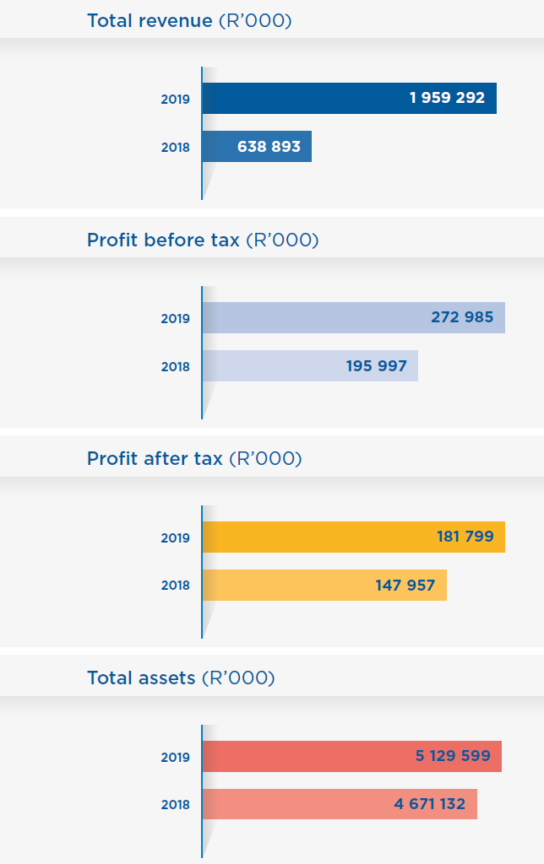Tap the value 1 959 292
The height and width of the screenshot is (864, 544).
pyautogui.click(x=447, y=98)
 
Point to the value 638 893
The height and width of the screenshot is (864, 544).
pyautogui.click(x=269, y=146)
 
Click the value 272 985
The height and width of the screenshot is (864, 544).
pyautogui.click(x=462, y=317)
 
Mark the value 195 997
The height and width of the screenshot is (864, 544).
pyautogui.click(x=376, y=366)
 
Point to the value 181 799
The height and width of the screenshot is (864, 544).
pyautogui.click(x=465, y=537)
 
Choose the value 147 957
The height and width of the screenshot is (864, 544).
pyautogui.click(x=405, y=585)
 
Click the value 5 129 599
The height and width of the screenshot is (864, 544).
pyautogui.click(x=453, y=756)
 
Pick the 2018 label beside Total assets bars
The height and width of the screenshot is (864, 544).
pyautogui.click(x=176, y=805)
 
